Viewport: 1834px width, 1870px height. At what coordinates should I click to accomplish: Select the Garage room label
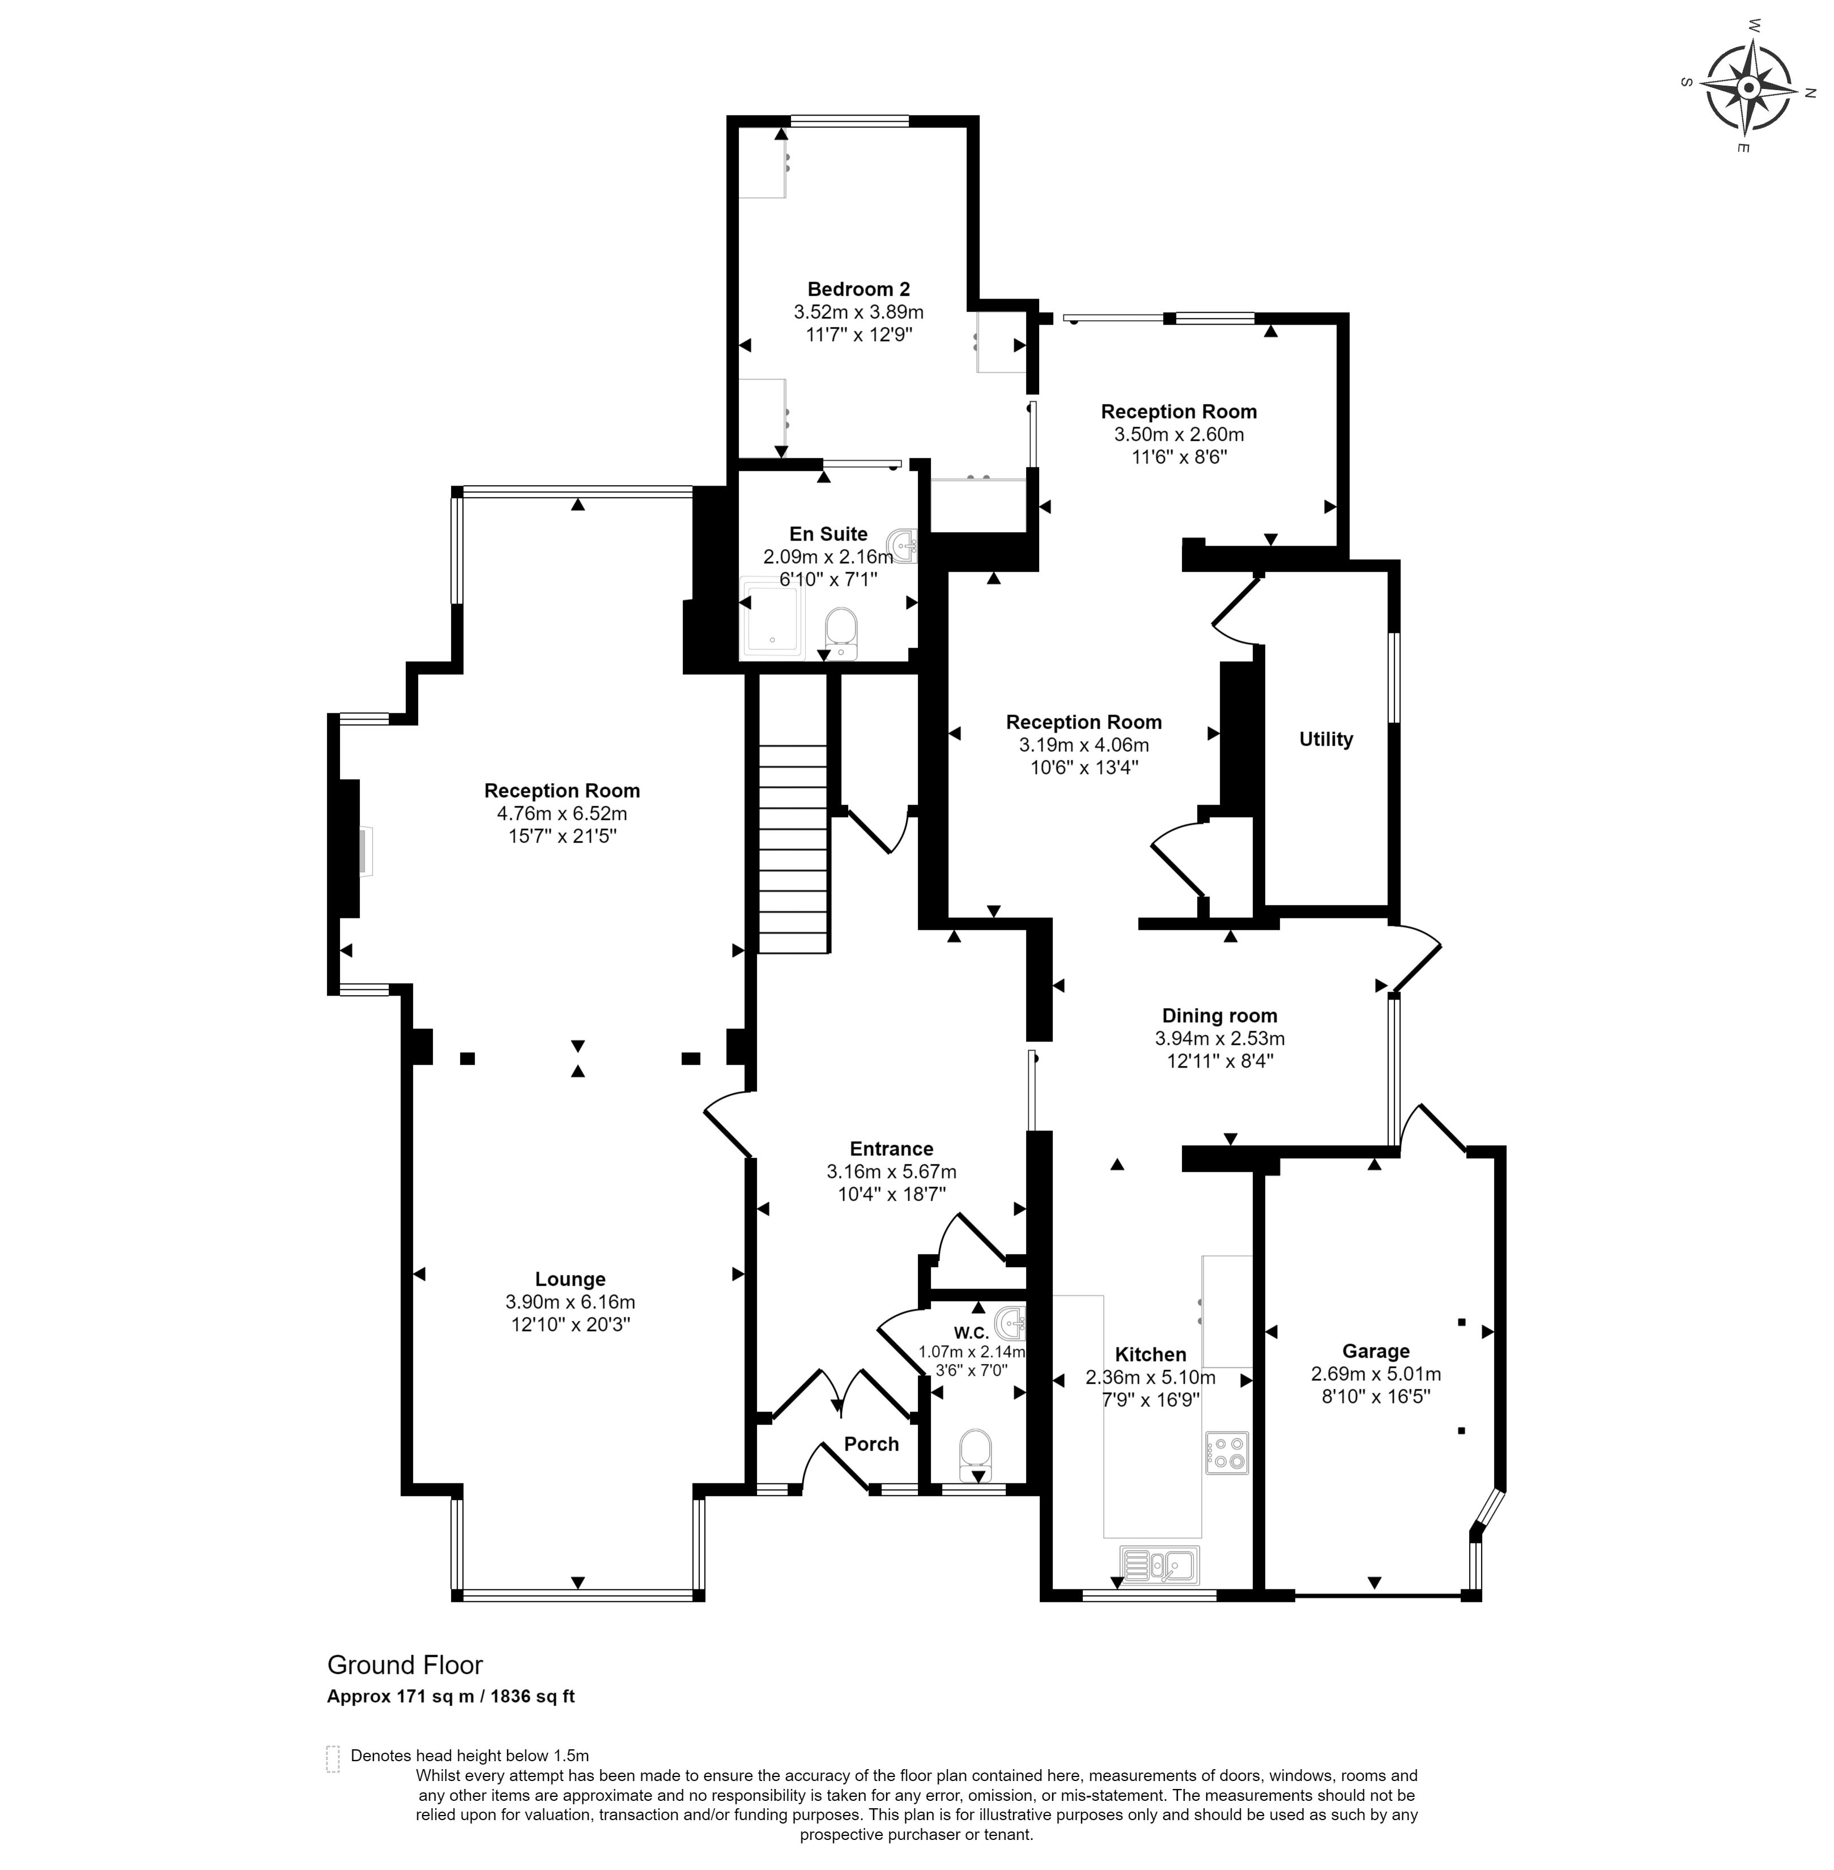[x=1376, y=1351]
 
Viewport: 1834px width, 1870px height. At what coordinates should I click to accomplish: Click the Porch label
[x=871, y=1443]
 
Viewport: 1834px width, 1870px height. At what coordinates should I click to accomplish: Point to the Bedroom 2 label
[x=858, y=289]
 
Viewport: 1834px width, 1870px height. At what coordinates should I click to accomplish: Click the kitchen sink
[x=1158, y=1565]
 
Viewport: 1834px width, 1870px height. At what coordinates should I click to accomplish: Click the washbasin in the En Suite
[x=905, y=545]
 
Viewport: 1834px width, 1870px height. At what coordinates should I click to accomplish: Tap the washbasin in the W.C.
[x=1010, y=1324]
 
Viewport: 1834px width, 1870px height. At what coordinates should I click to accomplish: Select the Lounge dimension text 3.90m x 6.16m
[x=570, y=1302]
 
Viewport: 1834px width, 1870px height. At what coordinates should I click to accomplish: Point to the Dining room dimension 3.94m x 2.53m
[x=1219, y=1039]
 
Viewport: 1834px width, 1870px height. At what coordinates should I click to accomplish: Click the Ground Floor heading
[x=405, y=1665]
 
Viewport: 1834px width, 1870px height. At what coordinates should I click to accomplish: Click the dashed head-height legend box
[x=333, y=1759]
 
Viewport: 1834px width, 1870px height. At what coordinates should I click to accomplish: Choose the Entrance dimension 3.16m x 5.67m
[x=891, y=1171]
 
